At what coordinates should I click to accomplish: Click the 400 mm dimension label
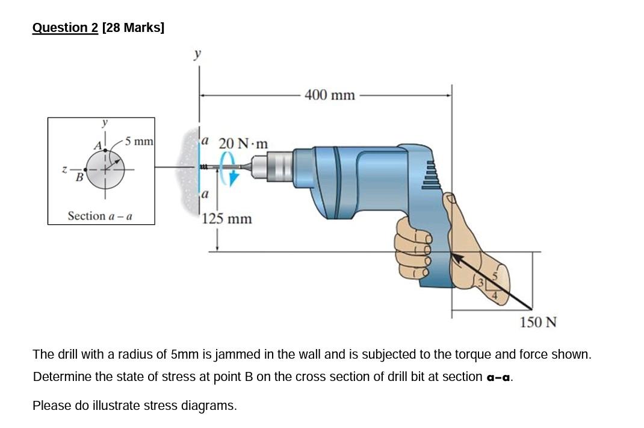pyautogui.click(x=329, y=95)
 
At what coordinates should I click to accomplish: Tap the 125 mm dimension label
pyautogui.click(x=227, y=218)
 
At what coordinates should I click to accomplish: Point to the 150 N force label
pyautogui.click(x=538, y=322)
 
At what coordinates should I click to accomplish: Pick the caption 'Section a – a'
pyautogui.click(x=101, y=216)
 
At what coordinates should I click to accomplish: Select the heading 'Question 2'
pyautogui.click(x=65, y=28)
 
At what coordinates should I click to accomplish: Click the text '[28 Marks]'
pyautogui.click(x=133, y=28)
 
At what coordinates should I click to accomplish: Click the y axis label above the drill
pyautogui.click(x=197, y=54)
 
